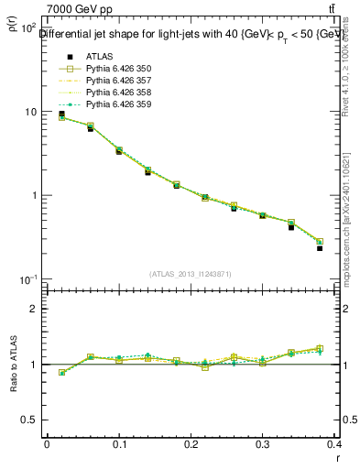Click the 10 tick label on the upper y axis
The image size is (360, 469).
pyautogui.click(x=29, y=112)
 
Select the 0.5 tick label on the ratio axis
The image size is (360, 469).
pyautogui.click(x=27, y=420)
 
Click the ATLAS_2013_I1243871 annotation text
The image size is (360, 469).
pyautogui.click(x=191, y=274)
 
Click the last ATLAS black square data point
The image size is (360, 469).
pyautogui.click(x=320, y=248)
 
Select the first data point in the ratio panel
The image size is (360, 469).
pyautogui.click(x=62, y=373)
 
